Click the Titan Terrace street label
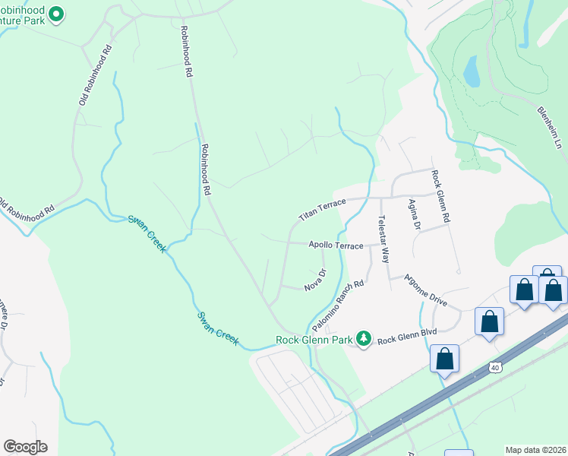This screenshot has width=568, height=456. pos(322,207)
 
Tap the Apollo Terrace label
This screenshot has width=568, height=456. pos(336,245)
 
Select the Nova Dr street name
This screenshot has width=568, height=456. pos(315,281)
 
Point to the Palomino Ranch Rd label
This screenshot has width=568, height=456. pos(346,306)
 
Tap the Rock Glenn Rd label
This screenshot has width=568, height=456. pos(441,195)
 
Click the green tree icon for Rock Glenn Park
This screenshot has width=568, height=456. pos(364,339)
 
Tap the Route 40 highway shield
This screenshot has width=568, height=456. pos(495,367)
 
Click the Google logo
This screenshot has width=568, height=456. pos(24,447)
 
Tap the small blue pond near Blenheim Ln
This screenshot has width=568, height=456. pos(471,71)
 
